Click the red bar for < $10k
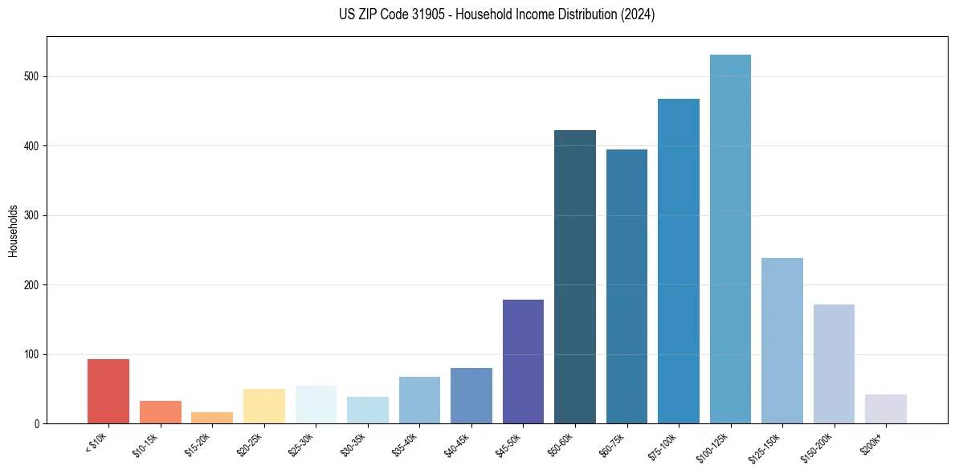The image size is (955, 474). [x=108, y=391]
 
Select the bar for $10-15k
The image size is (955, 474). [x=160, y=412]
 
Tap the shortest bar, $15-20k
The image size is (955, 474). [x=212, y=418]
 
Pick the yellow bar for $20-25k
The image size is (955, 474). [x=263, y=407]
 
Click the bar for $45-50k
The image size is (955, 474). [x=523, y=362]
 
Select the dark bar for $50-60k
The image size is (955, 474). [x=575, y=277]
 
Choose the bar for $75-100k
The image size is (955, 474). [x=679, y=261]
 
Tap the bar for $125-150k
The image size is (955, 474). [x=782, y=341]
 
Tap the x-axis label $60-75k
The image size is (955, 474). [x=613, y=443]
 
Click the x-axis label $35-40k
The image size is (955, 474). [x=406, y=443]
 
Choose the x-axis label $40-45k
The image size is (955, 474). [x=458, y=443]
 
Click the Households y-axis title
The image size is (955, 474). [x=14, y=231]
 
